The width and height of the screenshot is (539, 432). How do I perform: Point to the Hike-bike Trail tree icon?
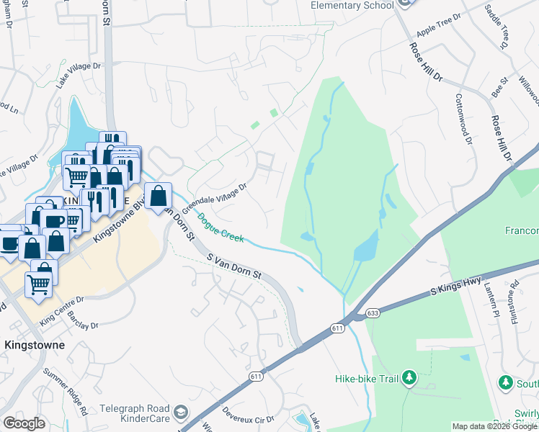point(409,377)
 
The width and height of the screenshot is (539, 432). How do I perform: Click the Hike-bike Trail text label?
point(367,378)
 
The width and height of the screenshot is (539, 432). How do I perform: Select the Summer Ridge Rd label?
point(65,391)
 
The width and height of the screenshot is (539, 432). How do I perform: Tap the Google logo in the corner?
point(24,423)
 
